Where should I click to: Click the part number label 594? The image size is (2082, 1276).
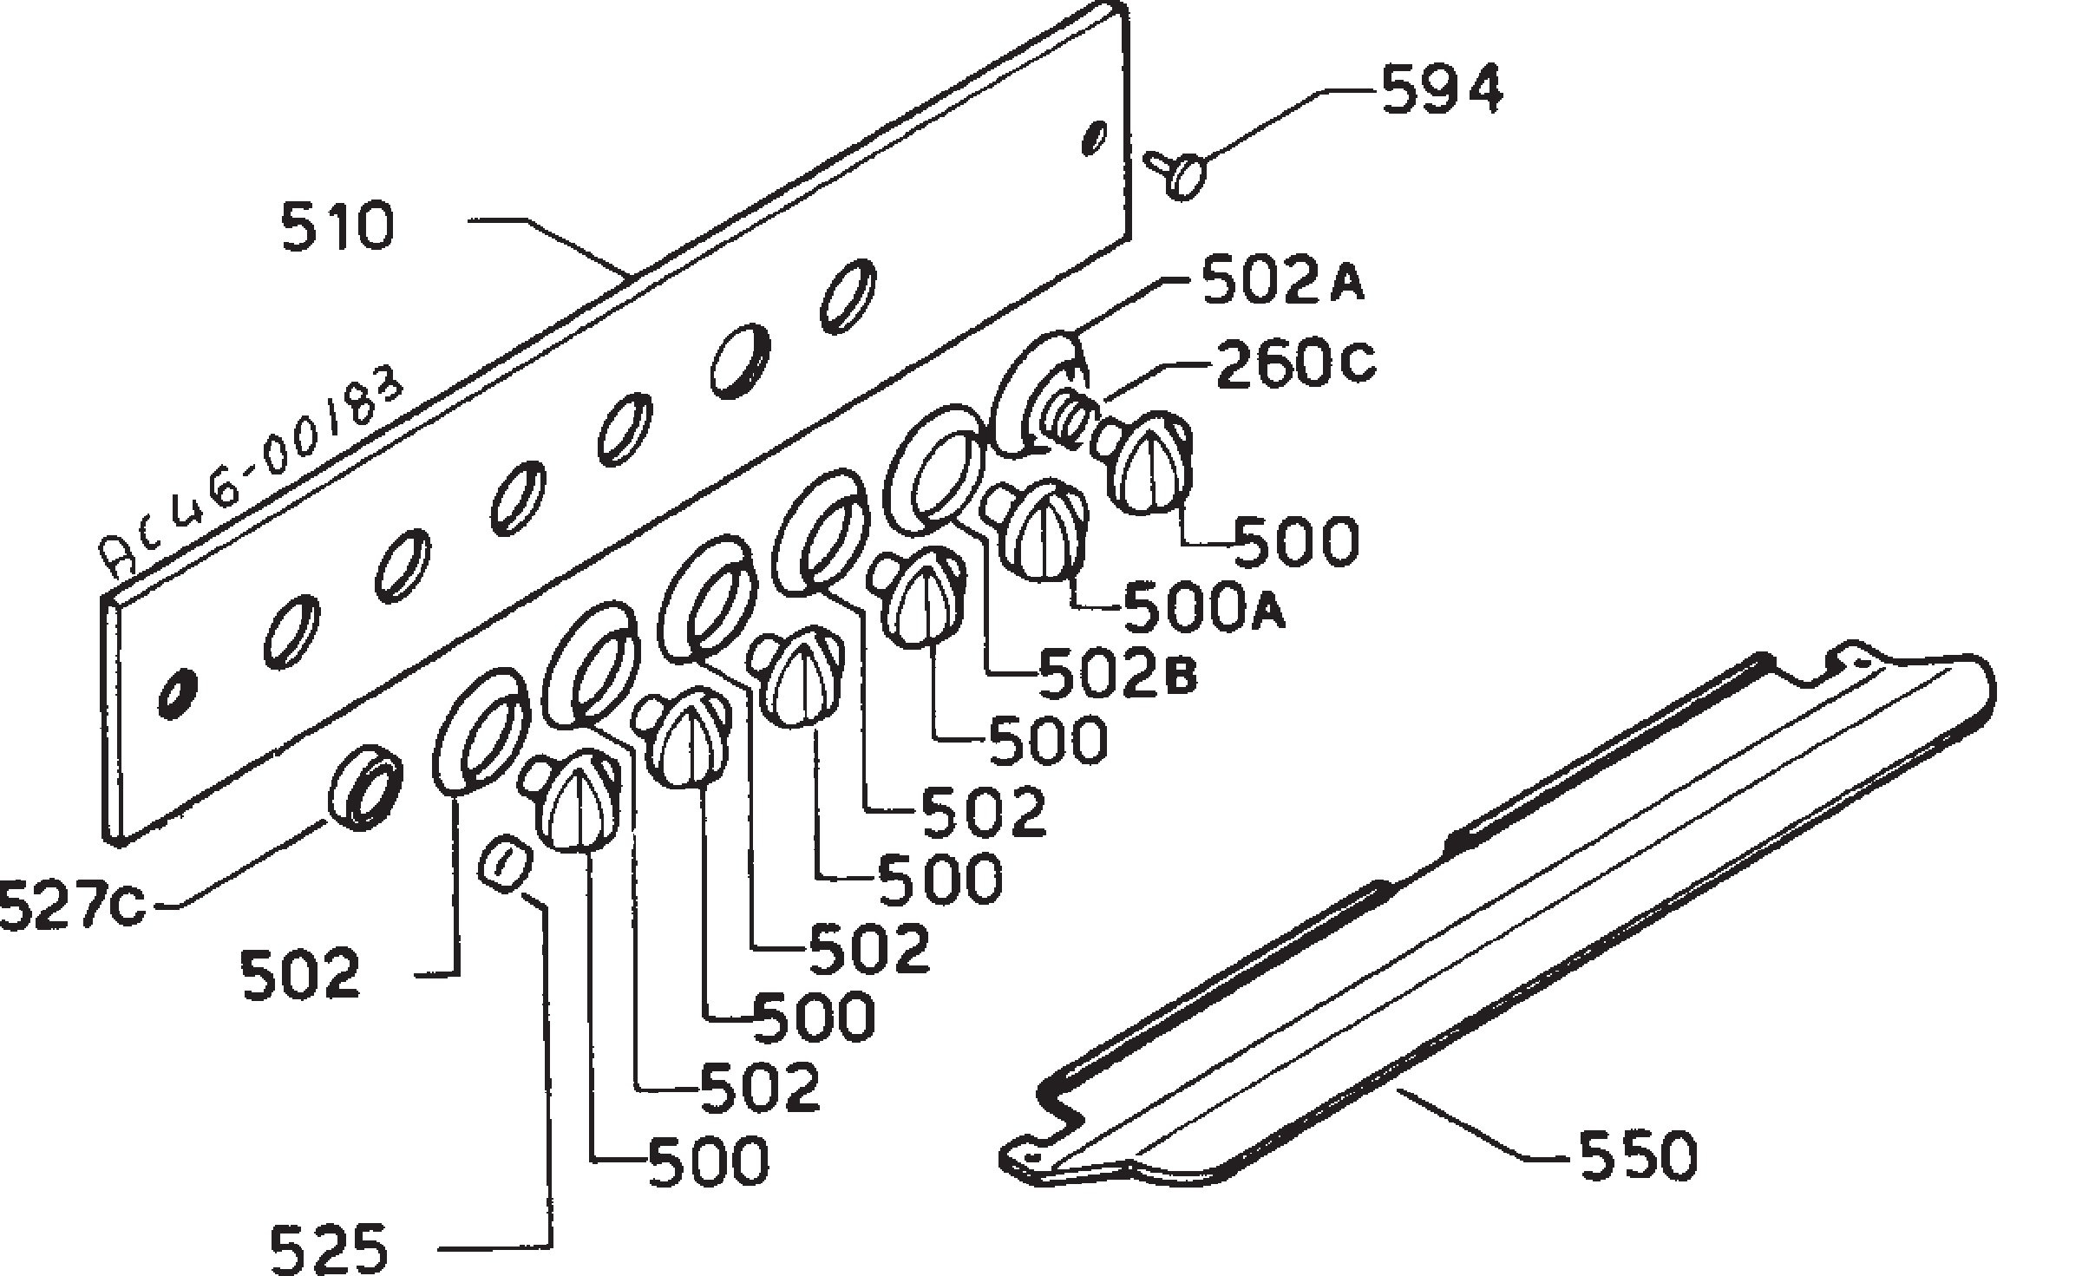tap(1441, 91)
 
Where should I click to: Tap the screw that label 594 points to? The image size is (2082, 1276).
tap(1176, 173)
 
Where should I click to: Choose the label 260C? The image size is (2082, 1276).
tap(1295, 366)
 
